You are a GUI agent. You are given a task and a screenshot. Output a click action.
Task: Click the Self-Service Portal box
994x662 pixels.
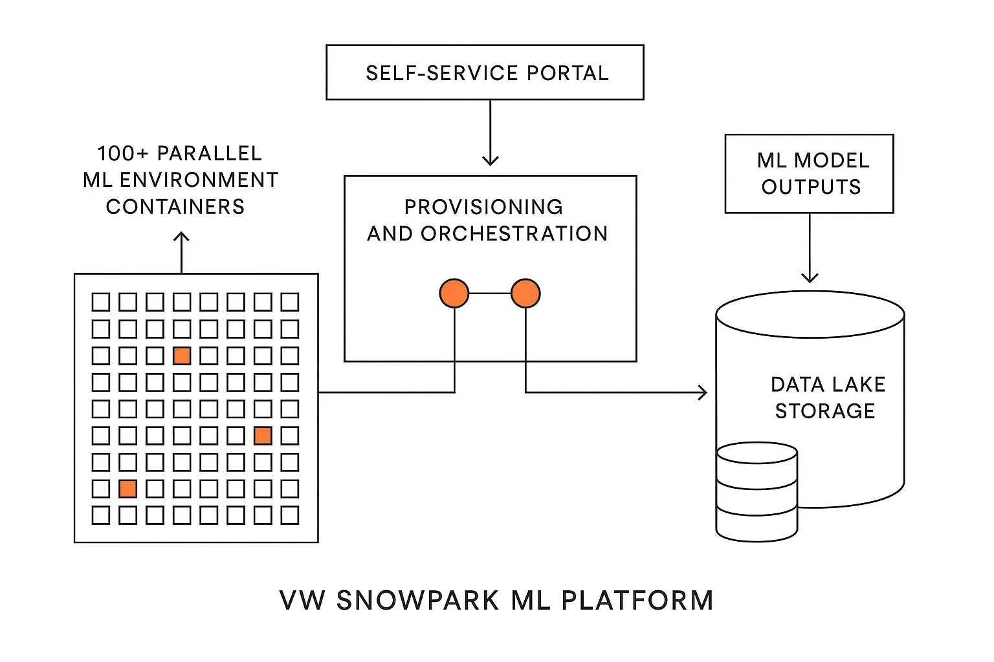[485, 72]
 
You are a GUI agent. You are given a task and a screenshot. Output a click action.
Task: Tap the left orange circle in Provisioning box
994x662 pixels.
[454, 294]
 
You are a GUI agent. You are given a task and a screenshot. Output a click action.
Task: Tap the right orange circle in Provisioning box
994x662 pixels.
[525, 294]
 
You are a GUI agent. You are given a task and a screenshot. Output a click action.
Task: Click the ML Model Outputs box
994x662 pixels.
[809, 174]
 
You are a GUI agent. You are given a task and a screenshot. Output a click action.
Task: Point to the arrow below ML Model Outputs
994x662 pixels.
[810, 249]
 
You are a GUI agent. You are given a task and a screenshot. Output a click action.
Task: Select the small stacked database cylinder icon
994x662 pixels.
[757, 491]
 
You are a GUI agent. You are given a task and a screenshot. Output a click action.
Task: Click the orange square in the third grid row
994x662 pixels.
[182, 356]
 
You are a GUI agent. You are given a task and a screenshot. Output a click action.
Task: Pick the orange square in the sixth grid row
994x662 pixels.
[263, 436]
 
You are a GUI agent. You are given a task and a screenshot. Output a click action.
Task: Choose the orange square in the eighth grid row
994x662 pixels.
[128, 489]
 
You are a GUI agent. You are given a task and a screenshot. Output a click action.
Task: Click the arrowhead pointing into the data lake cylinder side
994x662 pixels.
[703, 392]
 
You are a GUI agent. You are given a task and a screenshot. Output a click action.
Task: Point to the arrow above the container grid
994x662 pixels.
[182, 252]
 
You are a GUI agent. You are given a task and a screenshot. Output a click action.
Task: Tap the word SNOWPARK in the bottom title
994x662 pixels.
[417, 601]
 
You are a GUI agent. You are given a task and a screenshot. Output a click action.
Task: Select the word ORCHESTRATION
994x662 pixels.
[514, 234]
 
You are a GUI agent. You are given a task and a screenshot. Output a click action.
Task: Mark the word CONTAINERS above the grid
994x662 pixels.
[175, 207]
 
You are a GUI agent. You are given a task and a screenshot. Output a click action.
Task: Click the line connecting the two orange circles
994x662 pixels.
[490, 294]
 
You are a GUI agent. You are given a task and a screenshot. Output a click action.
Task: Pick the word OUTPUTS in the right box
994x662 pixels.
[811, 187]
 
